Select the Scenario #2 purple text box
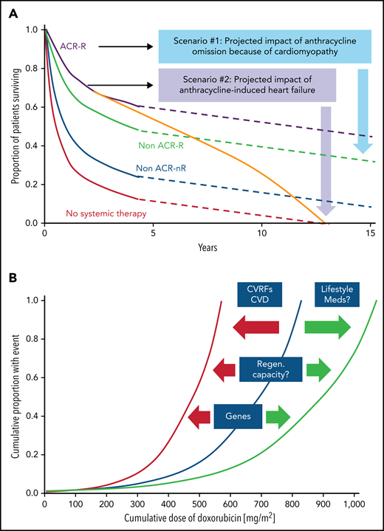coord(248,85)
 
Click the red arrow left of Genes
coord(199,416)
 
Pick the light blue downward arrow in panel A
coord(362,111)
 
